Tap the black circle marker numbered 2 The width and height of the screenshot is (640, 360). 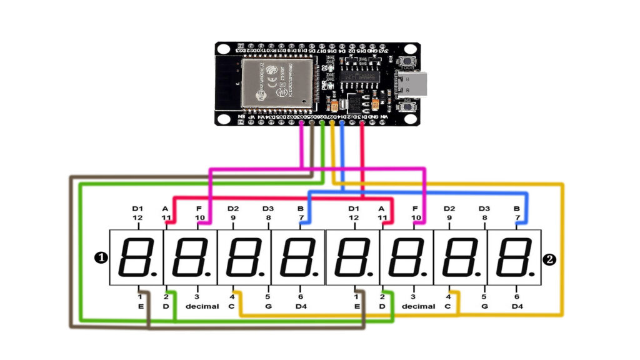pos(551,258)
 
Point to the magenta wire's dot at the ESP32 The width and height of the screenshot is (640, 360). pos(302,123)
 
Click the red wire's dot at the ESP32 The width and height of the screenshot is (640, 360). pos(362,123)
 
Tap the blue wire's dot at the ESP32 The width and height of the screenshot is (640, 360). pos(342,123)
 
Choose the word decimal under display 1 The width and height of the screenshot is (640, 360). pos(202,306)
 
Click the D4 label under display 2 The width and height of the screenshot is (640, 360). pos(517,306)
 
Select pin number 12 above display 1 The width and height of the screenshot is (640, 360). pos(138,217)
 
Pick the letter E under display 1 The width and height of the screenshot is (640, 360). pos(141,306)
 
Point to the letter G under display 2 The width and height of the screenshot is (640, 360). pos(484,306)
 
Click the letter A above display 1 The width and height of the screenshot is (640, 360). pos(166,208)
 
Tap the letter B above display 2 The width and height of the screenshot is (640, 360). pos(517,208)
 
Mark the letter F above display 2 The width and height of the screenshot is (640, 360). pos(416,208)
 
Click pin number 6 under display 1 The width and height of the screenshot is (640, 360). pos(301,297)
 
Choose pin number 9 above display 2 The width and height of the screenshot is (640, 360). pos(449,217)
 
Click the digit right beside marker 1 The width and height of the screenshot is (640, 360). pos(136,257)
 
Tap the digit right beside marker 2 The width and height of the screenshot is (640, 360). pos(514,257)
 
